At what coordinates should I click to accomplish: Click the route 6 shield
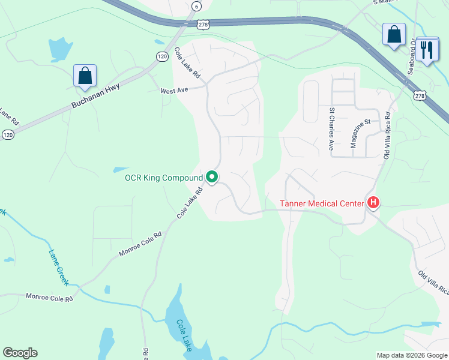196,6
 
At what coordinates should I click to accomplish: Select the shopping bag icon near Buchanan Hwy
85,76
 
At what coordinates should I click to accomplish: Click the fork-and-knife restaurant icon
427,50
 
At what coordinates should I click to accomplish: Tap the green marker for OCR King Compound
211,177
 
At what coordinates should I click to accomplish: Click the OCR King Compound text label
164,178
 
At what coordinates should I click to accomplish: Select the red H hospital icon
373,203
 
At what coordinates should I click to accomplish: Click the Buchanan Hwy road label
96,96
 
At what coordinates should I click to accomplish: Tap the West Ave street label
174,91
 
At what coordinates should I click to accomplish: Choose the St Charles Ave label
331,129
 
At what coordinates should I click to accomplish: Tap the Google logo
20,353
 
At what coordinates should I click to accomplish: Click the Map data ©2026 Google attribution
411,355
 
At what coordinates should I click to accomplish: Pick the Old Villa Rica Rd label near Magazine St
387,134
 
